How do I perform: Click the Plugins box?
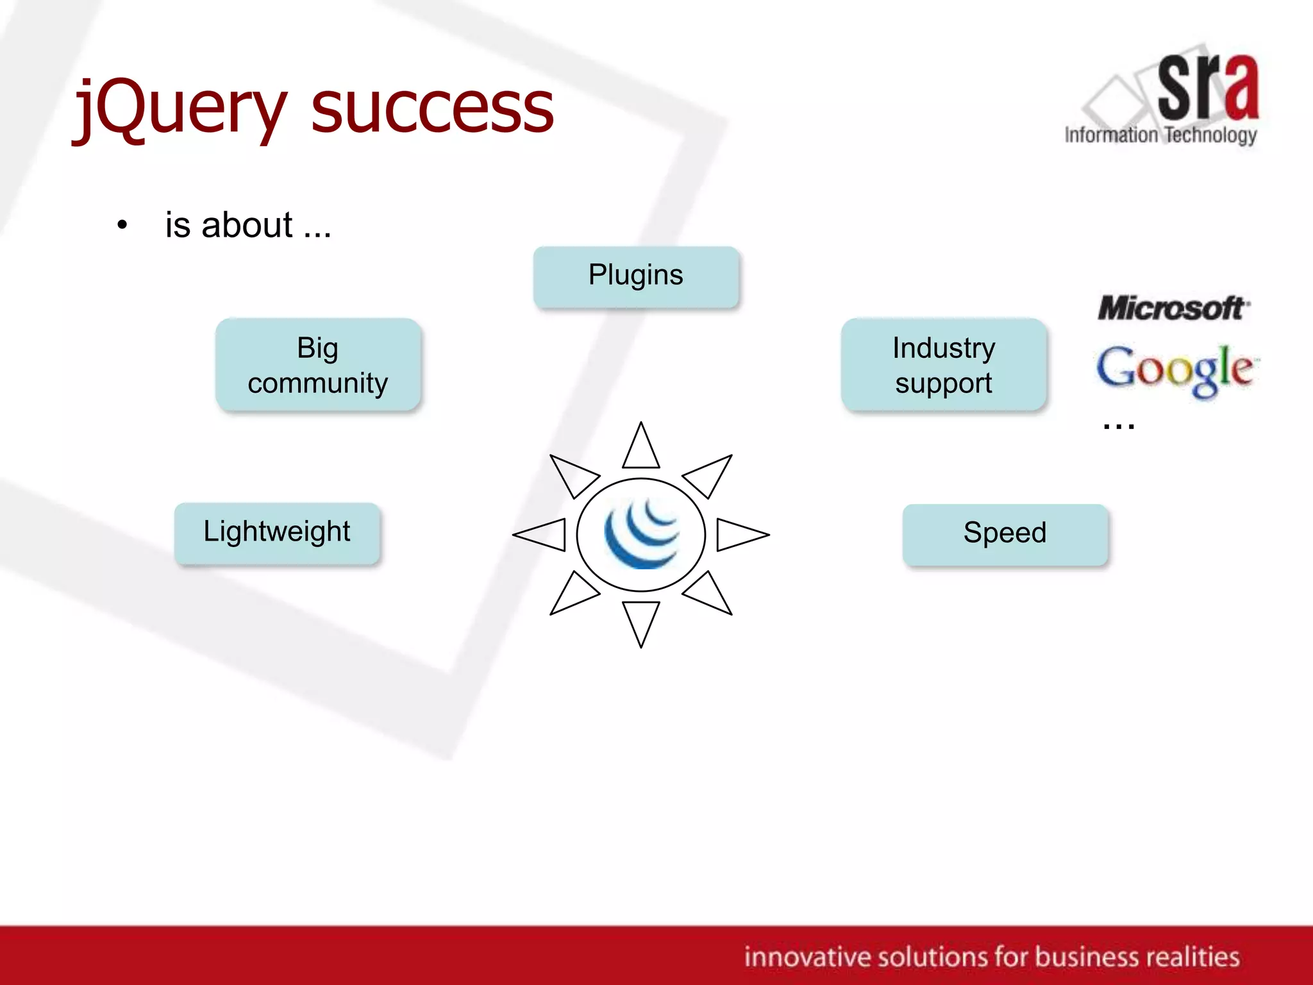[x=636, y=276]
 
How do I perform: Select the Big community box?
[x=318, y=364]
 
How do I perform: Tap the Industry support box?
[x=944, y=364]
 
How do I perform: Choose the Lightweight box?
[x=277, y=532]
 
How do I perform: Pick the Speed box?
[x=1005, y=534]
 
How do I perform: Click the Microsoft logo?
[x=1173, y=308]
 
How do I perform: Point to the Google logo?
[x=1176, y=369]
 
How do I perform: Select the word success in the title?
[x=432, y=109]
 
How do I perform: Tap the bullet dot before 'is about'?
[x=122, y=225]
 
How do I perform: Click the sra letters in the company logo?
[x=1207, y=88]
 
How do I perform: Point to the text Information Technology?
[x=1160, y=135]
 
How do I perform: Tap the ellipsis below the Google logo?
[x=1119, y=425]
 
